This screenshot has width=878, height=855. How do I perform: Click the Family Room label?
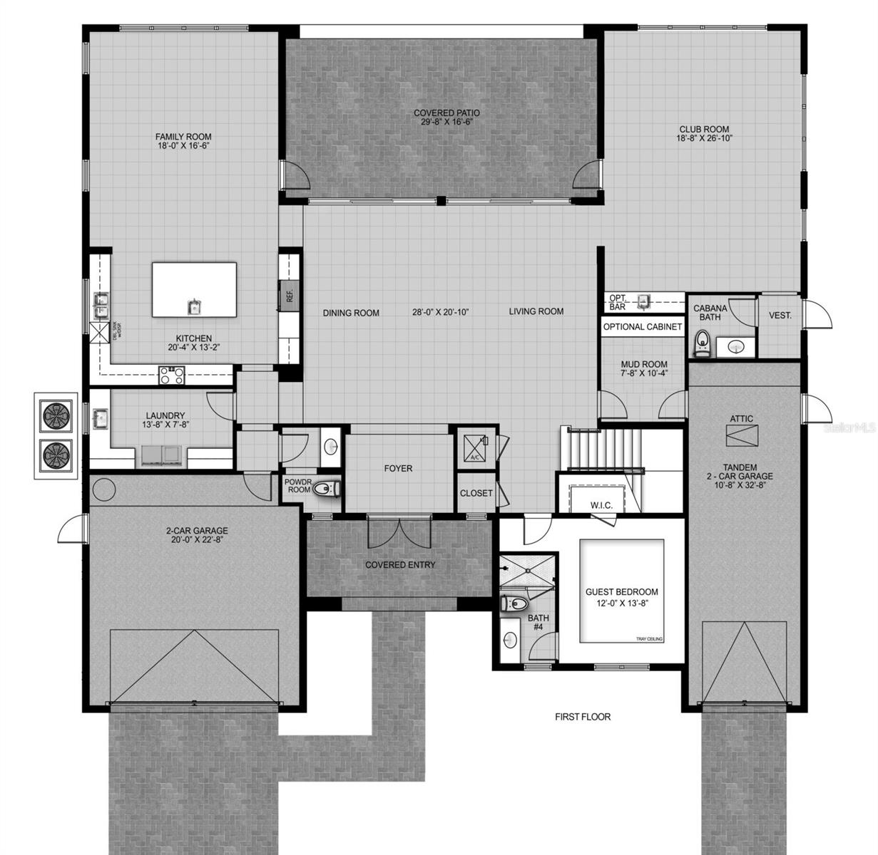(183, 137)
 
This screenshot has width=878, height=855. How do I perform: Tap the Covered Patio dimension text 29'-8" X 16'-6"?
(447, 122)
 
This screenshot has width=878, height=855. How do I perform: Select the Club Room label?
(703, 130)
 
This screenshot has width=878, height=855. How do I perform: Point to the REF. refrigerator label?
(290, 295)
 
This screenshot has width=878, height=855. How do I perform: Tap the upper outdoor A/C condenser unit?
(55, 415)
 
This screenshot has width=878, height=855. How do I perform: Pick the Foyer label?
(398, 469)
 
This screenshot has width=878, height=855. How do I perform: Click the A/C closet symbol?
(474, 447)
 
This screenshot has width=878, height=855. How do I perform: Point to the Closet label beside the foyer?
(476, 493)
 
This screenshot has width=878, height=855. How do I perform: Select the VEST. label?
(780, 314)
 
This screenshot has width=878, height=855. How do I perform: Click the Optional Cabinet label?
(643, 327)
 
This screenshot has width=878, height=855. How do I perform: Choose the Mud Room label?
(644, 364)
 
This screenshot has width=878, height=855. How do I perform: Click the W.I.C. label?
(601, 505)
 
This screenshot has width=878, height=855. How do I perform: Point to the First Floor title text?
(583, 717)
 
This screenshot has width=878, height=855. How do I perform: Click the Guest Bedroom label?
(621, 592)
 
